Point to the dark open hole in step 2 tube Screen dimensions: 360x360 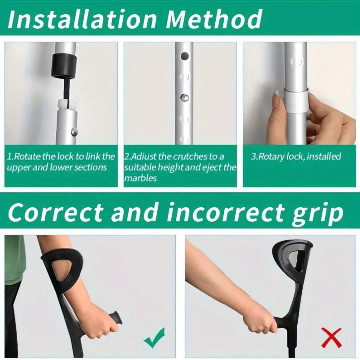click(185, 56)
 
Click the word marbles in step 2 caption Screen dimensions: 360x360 click(141, 178)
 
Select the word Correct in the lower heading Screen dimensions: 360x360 click(55, 213)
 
